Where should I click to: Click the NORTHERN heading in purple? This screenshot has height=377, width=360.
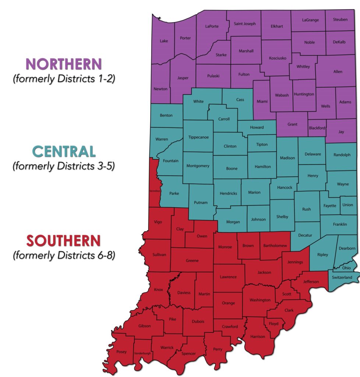pyautogui.click(x=64, y=64)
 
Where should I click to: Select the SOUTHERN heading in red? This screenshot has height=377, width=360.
pyautogui.click(x=63, y=241)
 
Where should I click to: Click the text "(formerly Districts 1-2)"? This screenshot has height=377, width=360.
pyautogui.click(x=64, y=78)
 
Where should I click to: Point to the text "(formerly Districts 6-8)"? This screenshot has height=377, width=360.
pyautogui.click(x=64, y=255)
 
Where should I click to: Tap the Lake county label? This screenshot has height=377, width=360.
pyautogui.click(x=164, y=41)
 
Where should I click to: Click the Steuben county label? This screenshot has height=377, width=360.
pyautogui.click(x=340, y=19)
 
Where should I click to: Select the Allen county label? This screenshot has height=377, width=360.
pyautogui.click(x=338, y=72)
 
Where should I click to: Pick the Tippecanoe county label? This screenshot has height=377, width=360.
pyautogui.click(x=198, y=137)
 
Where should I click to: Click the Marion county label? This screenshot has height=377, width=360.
pyautogui.click(x=254, y=192)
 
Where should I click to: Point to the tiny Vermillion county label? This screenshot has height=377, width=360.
pyautogui.click(x=154, y=191)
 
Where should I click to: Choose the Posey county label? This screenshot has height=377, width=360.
pyautogui.click(x=121, y=352)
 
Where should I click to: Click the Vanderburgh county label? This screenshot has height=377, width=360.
pyautogui.click(x=142, y=353)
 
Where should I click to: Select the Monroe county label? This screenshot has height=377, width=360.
pyautogui.click(x=225, y=247)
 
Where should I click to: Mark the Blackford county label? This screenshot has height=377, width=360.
pyautogui.click(x=317, y=128)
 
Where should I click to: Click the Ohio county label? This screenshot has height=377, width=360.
pyautogui.click(x=346, y=268)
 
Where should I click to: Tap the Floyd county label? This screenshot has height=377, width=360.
pyautogui.click(x=273, y=324)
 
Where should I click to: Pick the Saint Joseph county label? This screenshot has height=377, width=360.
pyautogui.click(x=245, y=24)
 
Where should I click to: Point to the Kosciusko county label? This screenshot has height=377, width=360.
pyautogui.click(x=275, y=58)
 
